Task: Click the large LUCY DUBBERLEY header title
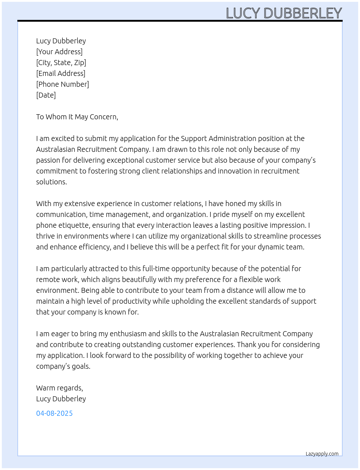coord(284,13)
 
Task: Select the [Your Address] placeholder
coord(59,52)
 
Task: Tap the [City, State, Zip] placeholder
coord(61,63)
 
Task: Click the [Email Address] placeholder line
coord(61,73)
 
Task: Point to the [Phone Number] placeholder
coord(63,84)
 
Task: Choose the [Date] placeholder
coord(46,95)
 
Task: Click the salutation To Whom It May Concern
coord(77,117)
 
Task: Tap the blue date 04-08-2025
coord(54,413)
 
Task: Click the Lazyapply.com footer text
coord(322,454)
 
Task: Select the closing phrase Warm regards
coord(59,388)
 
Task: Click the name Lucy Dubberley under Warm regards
coord(61,399)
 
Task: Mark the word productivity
coord(131,301)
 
